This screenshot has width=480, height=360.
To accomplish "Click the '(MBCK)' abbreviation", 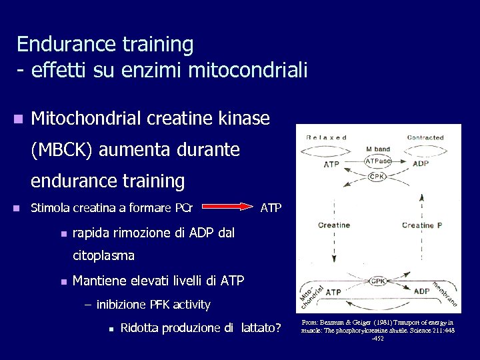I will (x=62, y=150).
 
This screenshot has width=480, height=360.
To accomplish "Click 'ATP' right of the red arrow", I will (x=271, y=209).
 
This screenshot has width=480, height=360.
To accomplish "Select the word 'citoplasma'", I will (x=103, y=255).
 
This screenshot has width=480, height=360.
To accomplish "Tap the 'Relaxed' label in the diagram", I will (x=326, y=137).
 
